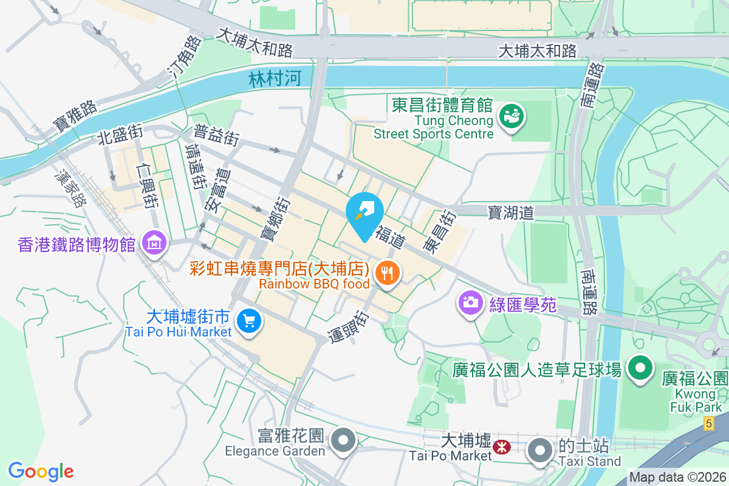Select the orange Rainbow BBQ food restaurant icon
[387, 271]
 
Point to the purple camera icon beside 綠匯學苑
[470, 302]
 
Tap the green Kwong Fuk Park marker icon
[639, 368]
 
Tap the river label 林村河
[275, 78]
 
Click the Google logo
[41, 471]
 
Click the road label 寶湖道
[510, 212]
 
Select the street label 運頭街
[349, 328]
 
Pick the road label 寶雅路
[75, 115]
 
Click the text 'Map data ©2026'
[677, 477]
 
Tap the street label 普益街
[216, 135]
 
